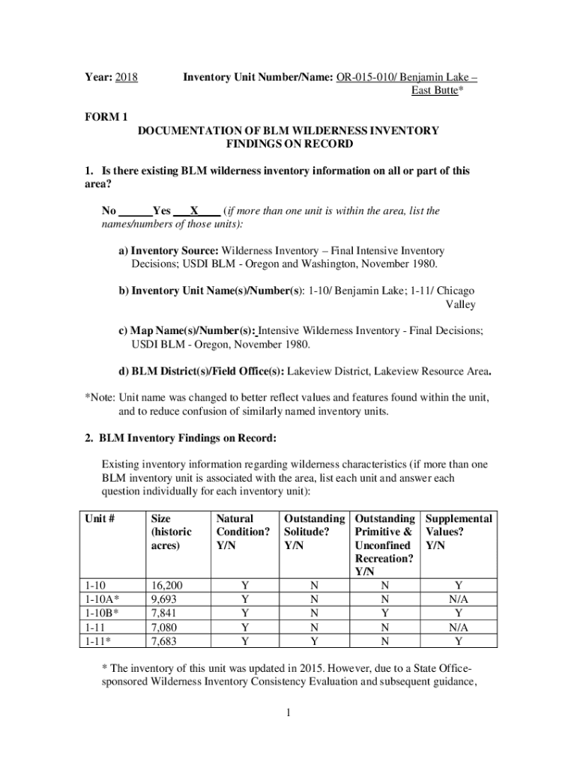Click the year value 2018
pos(127,77)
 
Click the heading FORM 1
pos(104,117)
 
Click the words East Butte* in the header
pos(438,91)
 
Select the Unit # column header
pos(102,518)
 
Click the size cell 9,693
pos(164,599)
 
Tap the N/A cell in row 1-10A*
pos(458,599)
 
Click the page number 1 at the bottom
pos(288,713)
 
